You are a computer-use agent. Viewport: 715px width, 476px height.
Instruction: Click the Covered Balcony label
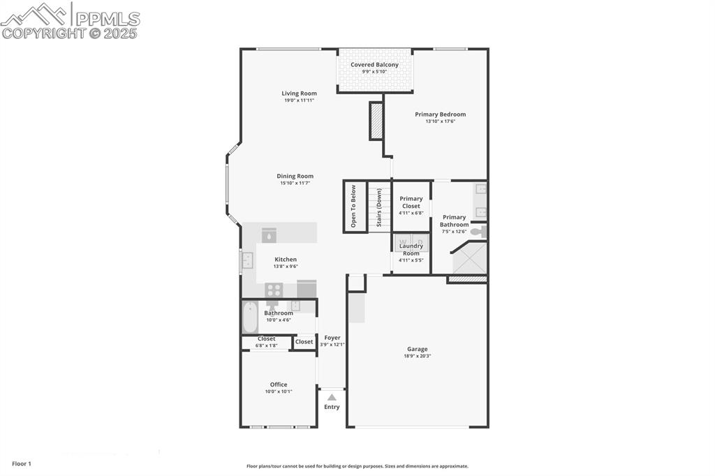374,65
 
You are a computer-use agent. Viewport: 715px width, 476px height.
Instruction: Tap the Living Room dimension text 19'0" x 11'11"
299,101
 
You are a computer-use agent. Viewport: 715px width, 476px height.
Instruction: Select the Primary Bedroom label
440,114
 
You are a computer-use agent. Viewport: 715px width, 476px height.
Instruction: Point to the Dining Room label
295,177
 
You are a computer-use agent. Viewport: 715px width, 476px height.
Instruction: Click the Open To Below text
354,206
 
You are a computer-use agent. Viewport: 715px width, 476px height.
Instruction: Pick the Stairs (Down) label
379,207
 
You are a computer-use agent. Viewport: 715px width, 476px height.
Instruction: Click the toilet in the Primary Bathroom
478,232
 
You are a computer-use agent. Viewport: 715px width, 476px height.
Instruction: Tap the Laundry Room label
411,249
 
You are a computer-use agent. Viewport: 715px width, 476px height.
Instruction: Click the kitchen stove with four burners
274,290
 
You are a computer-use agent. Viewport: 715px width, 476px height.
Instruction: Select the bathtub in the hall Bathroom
250,317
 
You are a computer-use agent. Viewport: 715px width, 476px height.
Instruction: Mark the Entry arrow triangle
332,397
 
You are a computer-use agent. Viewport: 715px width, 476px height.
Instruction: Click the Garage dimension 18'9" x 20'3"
418,356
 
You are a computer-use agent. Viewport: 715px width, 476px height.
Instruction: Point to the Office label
279,385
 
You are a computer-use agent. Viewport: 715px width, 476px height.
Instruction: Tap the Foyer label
332,338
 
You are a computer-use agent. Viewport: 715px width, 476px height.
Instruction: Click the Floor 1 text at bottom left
22,463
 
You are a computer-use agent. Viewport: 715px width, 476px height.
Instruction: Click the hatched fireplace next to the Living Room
376,121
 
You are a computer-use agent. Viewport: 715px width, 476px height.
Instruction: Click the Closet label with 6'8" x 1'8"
266,339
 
